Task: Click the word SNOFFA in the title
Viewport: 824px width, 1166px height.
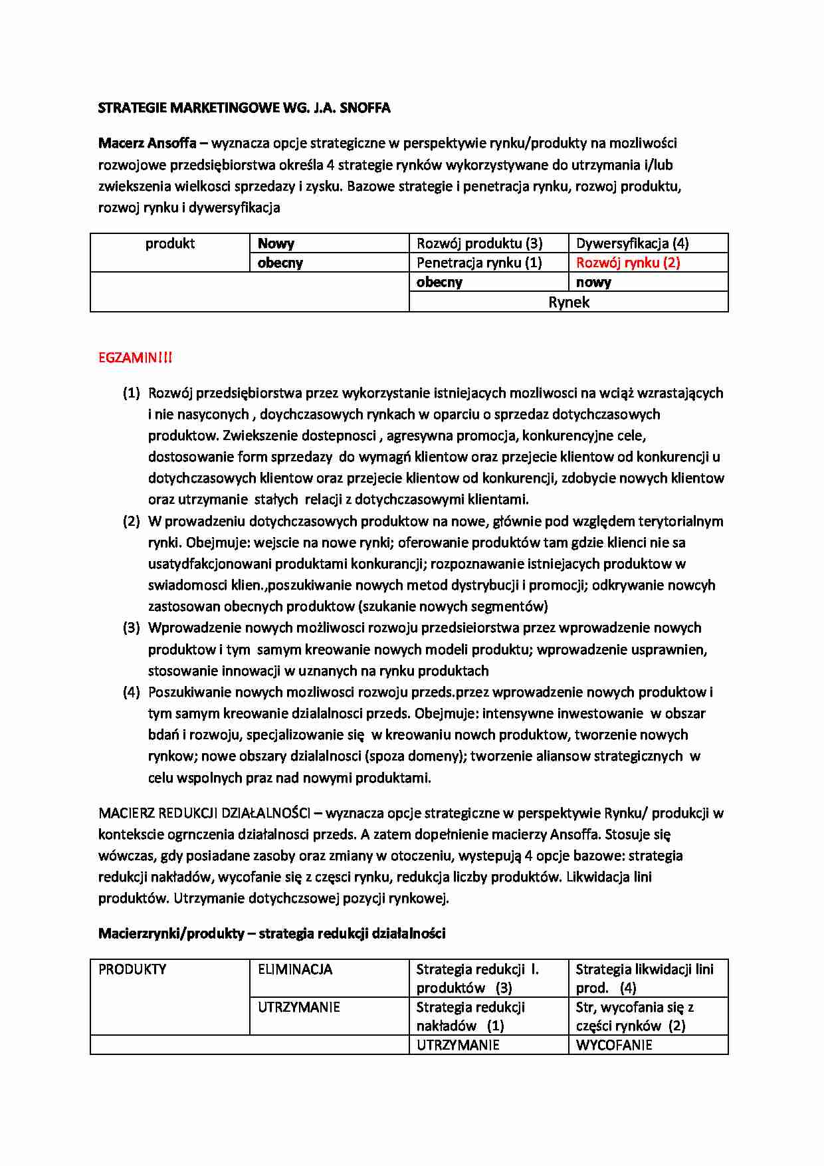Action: pyautogui.click(x=364, y=108)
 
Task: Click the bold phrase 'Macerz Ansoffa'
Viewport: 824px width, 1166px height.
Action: pyautogui.click(x=147, y=143)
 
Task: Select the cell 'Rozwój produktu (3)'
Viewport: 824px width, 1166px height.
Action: pyautogui.click(x=479, y=243)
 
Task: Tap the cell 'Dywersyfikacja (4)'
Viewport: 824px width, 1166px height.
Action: pyautogui.click(x=632, y=243)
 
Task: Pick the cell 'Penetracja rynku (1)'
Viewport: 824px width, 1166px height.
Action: pyautogui.click(x=479, y=263)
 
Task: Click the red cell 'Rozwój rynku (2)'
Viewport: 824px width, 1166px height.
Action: pyautogui.click(x=628, y=263)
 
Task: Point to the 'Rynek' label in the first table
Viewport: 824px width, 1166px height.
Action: pyautogui.click(x=569, y=302)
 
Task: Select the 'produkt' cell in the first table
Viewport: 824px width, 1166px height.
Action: pyautogui.click(x=170, y=243)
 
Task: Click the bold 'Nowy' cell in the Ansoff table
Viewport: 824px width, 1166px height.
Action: pyautogui.click(x=276, y=243)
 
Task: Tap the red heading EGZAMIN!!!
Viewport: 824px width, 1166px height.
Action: pyautogui.click(x=135, y=358)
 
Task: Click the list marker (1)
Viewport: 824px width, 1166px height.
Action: pyautogui.click(x=132, y=393)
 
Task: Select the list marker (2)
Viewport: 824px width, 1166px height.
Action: pyautogui.click(x=132, y=521)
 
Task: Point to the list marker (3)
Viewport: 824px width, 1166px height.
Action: pyautogui.click(x=132, y=628)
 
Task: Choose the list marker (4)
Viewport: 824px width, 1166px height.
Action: pyautogui.click(x=132, y=692)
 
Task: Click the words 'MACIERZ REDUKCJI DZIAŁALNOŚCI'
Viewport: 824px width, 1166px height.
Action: pyautogui.click(x=204, y=813)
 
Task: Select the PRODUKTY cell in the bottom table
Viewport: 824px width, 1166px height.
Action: pyautogui.click(x=132, y=969)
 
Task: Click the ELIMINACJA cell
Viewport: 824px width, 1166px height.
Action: pyautogui.click(x=295, y=969)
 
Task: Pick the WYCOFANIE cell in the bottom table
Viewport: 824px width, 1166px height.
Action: pyautogui.click(x=614, y=1045)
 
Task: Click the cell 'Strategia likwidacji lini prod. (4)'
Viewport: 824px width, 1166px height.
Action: pyautogui.click(x=644, y=978)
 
